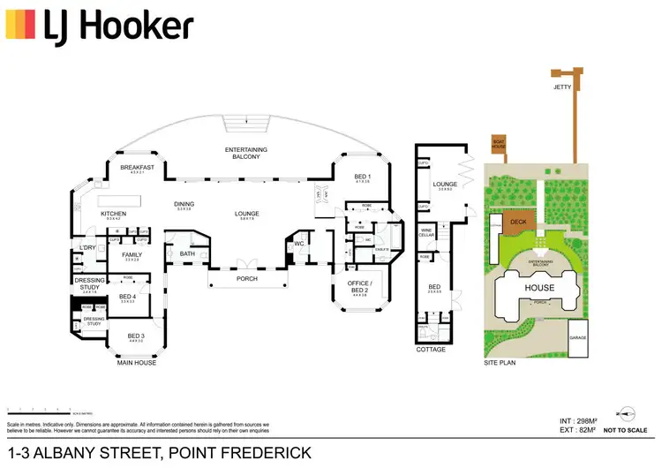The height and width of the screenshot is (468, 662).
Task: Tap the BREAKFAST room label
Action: point(138,168)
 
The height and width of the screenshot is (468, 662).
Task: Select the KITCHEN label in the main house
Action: point(114,214)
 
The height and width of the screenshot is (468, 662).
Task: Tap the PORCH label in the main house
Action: point(247,279)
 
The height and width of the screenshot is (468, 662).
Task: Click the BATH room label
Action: point(187,254)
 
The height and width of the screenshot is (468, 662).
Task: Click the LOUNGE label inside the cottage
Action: point(444,185)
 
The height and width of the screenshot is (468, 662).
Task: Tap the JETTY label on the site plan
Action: point(562,87)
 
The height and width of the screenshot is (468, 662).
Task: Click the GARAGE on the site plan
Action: point(578,338)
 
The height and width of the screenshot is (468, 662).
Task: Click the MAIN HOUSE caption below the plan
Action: point(137,363)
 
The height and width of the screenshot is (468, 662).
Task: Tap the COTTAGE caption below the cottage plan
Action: point(430,350)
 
